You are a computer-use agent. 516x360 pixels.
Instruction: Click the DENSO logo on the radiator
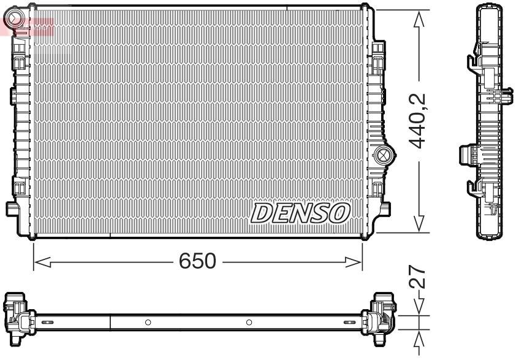point(300,212)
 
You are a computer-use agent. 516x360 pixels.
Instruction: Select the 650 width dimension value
point(197,262)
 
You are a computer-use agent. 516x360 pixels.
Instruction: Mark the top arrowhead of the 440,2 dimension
point(419,18)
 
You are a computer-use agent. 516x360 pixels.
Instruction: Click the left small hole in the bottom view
point(148,322)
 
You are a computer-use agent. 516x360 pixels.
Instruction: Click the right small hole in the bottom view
point(249,322)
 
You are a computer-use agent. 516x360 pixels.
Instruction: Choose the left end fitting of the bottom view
point(18,315)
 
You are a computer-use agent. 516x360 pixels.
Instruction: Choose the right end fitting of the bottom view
point(381,315)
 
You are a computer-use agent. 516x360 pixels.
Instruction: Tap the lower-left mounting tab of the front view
point(12,209)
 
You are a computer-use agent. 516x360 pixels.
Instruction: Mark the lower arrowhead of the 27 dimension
point(419,339)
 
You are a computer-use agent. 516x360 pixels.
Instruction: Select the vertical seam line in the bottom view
point(110,322)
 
